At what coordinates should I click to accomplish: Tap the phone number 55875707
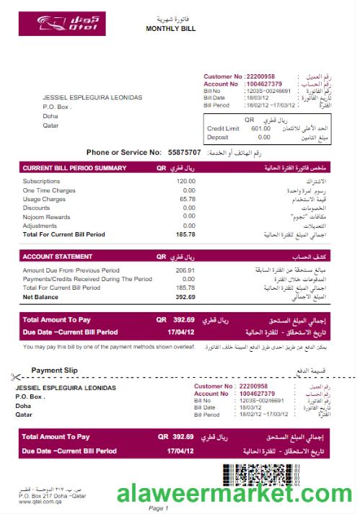tap(184, 153)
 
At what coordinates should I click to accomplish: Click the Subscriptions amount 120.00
tap(185, 181)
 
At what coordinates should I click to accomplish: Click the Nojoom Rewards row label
tap(47, 217)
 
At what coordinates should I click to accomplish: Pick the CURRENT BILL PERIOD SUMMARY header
tap(75, 168)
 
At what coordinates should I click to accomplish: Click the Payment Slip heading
tap(55, 370)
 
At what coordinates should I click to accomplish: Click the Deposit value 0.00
tap(263, 137)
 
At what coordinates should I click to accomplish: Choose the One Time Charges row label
tap(49, 190)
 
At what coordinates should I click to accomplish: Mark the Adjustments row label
tap(41, 226)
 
